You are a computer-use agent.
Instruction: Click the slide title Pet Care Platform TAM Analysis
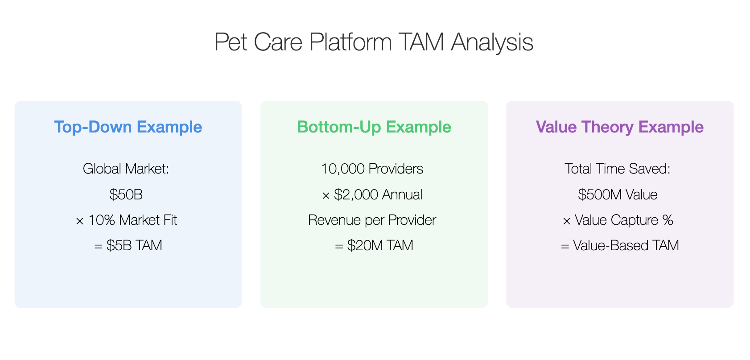coord(374,42)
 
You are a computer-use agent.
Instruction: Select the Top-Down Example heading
coord(128,127)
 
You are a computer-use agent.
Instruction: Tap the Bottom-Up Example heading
coord(374,127)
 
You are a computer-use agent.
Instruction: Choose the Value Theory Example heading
coord(620,127)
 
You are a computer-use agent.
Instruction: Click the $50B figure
coord(126,194)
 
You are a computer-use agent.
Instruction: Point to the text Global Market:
coord(126,169)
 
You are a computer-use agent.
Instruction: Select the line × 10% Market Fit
coord(126,220)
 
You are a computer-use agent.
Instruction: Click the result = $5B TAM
coord(128,245)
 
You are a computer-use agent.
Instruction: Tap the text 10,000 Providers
coord(372,169)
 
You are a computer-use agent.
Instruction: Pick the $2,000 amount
coord(356,194)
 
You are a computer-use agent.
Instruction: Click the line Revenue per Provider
coord(372,220)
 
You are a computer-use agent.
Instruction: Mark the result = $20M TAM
coord(374,245)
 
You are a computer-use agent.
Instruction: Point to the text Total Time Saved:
coord(618,169)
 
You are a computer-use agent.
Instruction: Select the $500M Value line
coord(618,194)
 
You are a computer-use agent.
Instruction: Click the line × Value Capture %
coord(618,220)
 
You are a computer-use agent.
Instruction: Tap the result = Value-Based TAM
coord(620,245)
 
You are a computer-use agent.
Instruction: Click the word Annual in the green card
coord(402,194)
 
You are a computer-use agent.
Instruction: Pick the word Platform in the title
coord(350,43)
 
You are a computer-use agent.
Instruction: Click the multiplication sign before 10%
coord(80,221)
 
